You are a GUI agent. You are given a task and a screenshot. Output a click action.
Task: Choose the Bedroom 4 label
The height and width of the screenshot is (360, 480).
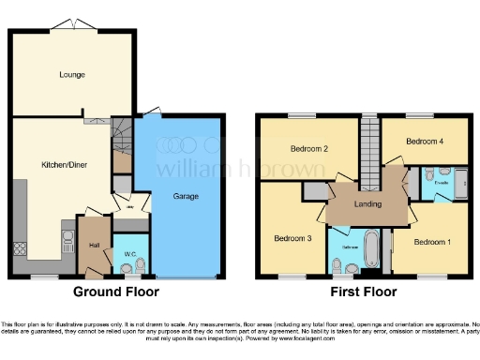(425, 142)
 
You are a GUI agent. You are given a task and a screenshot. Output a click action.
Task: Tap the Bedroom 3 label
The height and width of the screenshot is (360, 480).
(292, 238)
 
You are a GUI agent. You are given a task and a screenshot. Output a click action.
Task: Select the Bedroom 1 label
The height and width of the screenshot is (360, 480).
(434, 243)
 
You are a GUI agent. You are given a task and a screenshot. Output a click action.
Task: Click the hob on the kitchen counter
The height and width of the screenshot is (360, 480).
(20, 249)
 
